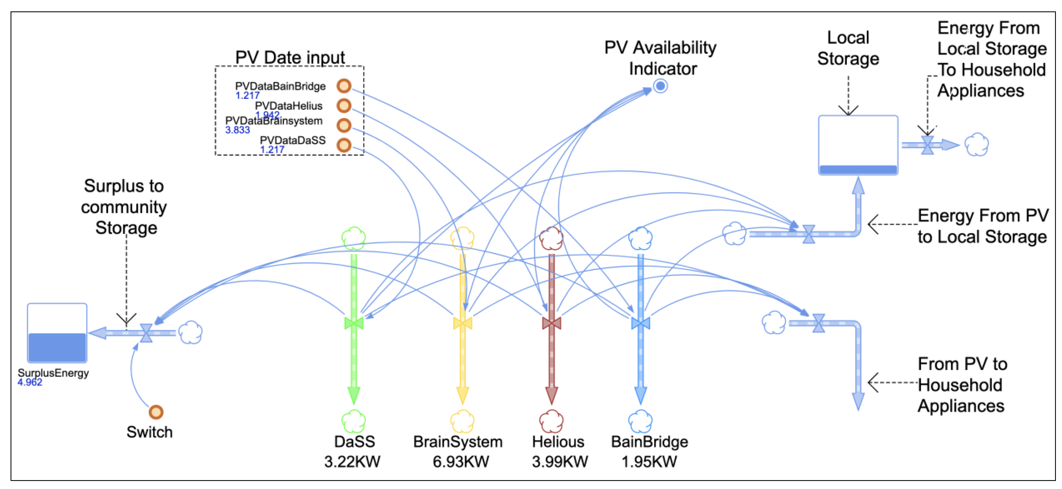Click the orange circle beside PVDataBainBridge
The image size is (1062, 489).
[344, 86]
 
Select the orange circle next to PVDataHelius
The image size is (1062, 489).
[344, 106]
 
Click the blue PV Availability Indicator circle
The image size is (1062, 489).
[660, 86]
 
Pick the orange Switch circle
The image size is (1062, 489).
[156, 412]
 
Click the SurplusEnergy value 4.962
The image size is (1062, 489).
[30, 382]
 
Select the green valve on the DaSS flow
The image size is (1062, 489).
[354, 323]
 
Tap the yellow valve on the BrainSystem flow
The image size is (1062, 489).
[463, 323]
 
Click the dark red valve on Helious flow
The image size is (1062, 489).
[552, 323]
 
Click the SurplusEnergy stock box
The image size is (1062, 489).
[57, 333]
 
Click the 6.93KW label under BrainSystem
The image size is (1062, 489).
[461, 462]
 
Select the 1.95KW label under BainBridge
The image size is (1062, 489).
[649, 462]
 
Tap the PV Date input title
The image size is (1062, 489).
[290, 57]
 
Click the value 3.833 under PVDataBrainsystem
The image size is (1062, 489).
[237, 130]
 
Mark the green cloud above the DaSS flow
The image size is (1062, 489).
[354, 238]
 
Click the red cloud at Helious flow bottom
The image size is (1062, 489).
[552, 421]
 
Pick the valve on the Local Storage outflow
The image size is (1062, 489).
[928, 145]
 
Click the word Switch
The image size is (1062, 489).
[149, 432]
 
